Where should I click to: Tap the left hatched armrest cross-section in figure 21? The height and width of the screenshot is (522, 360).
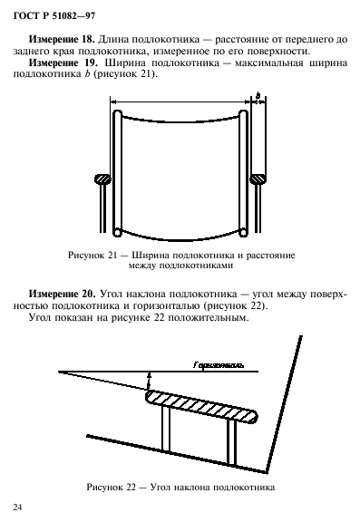click(101, 179)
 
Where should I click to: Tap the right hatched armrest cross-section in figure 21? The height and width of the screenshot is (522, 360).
click(258, 179)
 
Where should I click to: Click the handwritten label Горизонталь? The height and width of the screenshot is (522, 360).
click(218, 365)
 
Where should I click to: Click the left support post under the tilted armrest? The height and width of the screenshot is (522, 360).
click(164, 430)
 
